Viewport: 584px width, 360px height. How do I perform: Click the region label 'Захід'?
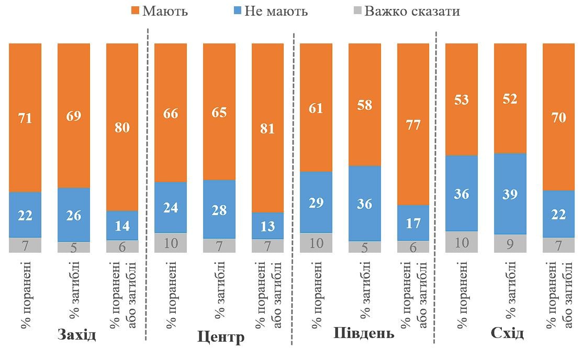[x=77, y=334]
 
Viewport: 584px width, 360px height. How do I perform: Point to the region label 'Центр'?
[x=221, y=337]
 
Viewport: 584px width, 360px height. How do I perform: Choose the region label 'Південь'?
[x=364, y=333]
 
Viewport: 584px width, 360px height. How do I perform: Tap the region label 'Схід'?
[x=507, y=333]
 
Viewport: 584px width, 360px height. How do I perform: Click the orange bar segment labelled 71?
[x=25, y=118]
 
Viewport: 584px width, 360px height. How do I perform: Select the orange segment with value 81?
[x=267, y=128]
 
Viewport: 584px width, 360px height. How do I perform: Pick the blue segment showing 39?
[x=510, y=194]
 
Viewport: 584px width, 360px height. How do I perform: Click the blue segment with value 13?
[x=267, y=226]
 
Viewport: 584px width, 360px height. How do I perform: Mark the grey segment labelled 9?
[x=510, y=243]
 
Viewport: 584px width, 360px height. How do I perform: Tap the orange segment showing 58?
[x=364, y=105]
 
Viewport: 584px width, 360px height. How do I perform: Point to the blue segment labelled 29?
[x=316, y=202]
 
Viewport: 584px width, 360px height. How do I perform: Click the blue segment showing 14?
[x=122, y=226]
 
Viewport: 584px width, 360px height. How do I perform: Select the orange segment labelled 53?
[x=461, y=99]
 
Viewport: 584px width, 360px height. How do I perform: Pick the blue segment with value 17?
[x=413, y=223]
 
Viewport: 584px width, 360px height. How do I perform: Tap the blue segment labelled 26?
[x=73, y=215]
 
